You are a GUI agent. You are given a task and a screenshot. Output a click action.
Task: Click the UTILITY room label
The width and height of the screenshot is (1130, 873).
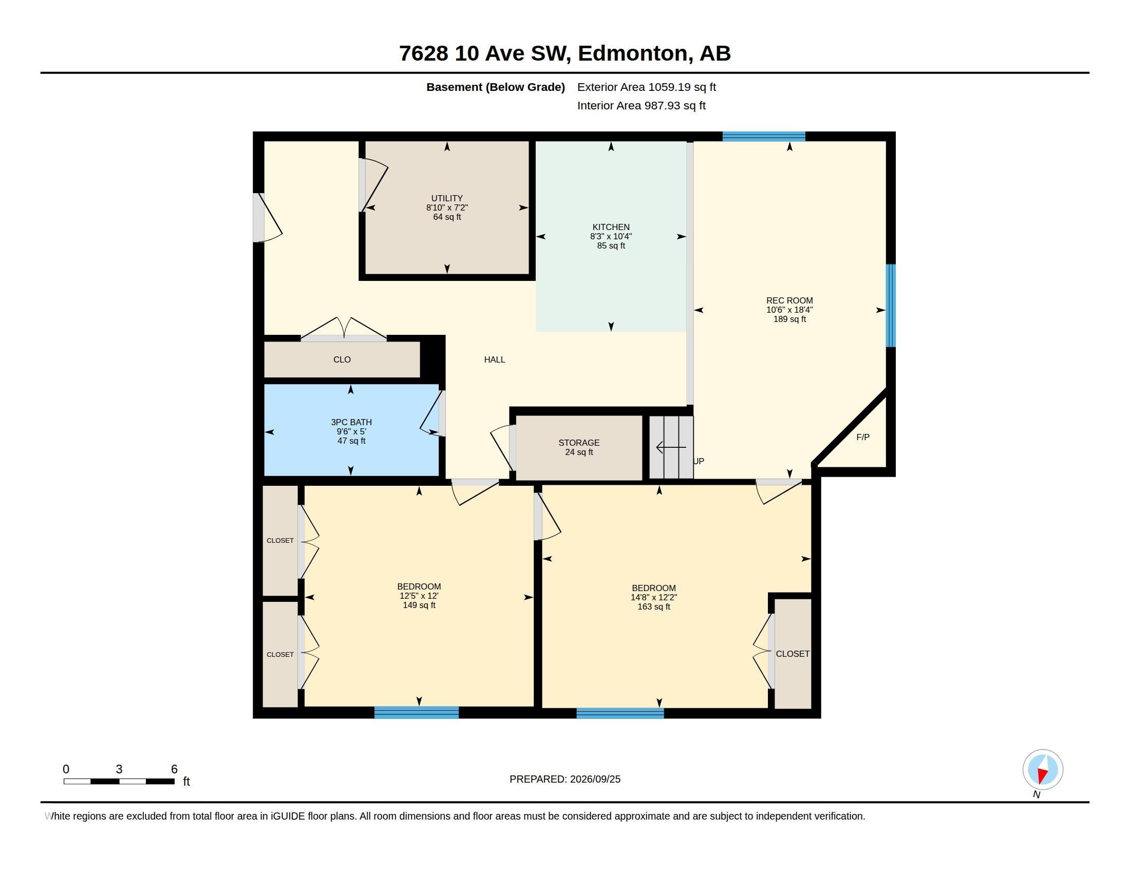coord(447,198)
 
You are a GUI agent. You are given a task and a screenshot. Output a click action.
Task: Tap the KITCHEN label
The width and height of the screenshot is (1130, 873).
coord(611,227)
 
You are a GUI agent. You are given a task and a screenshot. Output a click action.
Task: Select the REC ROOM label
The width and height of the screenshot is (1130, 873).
coord(789,300)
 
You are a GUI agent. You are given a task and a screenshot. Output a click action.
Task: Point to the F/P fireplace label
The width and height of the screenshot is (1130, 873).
coord(863,437)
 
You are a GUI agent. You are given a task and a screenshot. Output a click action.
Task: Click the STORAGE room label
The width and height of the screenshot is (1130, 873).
coord(579,443)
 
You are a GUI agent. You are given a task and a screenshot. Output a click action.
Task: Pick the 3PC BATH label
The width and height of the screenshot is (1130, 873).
coord(351,422)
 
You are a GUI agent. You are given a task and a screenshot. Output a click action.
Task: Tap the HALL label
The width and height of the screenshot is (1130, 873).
coord(495,359)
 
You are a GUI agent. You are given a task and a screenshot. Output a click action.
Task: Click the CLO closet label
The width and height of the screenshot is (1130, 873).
coord(342,359)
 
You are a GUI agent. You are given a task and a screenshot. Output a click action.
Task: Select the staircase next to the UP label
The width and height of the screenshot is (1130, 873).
coord(671,447)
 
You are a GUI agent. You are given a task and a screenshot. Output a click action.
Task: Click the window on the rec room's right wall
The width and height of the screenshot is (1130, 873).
coord(891,306)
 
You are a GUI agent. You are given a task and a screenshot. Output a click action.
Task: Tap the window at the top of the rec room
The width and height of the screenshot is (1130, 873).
coord(764,137)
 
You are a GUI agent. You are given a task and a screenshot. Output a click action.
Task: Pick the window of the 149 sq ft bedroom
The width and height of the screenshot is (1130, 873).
coord(417,712)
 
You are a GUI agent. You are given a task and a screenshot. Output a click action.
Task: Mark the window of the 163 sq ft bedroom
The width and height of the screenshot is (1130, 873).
coord(620,713)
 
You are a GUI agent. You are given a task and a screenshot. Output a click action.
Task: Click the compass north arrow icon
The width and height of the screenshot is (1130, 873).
coord(1043,770)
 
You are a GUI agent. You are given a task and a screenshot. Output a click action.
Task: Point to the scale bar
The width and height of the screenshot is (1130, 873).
coord(119,782)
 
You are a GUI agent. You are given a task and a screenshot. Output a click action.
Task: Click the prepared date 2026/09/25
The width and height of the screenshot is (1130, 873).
coord(595,779)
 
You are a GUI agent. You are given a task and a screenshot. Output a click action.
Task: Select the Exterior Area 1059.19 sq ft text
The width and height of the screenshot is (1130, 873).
coord(647,87)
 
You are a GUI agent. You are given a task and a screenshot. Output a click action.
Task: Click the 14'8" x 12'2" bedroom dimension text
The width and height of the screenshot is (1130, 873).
coord(653,597)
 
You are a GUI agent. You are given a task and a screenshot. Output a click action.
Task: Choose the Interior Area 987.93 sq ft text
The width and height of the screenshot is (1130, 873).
coord(642,105)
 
